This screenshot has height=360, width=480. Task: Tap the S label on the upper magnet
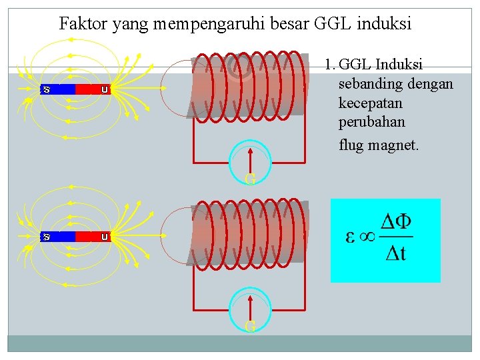pos(47,89)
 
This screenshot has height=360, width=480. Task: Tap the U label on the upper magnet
pos(105,89)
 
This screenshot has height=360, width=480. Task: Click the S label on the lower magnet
pos(47,237)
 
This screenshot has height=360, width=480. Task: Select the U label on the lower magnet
pos(105,237)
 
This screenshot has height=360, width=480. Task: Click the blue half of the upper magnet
pos(61,89)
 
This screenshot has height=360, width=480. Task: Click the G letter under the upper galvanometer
pos(250,179)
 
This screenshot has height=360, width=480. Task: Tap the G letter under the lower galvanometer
pos(250,327)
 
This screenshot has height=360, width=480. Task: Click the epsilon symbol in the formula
pos(349,237)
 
